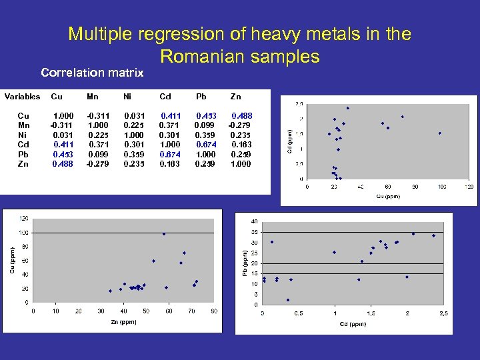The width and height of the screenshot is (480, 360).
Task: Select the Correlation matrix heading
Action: point(92,72)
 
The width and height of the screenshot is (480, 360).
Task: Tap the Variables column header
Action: point(23,97)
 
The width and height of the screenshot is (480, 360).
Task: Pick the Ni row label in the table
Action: point(23,135)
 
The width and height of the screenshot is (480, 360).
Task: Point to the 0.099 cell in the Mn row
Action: point(203,125)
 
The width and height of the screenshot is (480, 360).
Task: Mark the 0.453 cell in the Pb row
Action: point(63,154)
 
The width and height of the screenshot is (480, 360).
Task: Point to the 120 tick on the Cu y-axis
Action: point(23,218)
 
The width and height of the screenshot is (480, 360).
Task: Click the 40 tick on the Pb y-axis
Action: point(254,221)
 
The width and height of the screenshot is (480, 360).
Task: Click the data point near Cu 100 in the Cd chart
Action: point(440,133)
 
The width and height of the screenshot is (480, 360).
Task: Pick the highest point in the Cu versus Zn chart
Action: point(164,234)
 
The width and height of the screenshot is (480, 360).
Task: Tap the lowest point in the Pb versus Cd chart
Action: point(288,300)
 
